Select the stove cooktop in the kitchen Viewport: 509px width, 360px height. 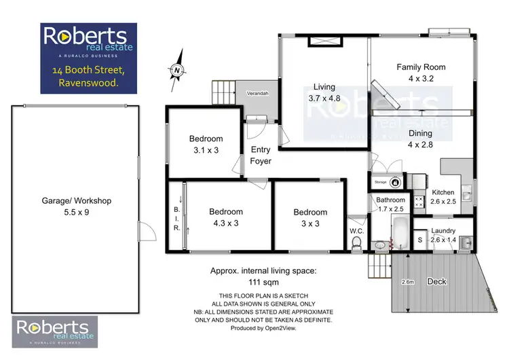(419, 201)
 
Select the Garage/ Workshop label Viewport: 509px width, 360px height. (76, 201)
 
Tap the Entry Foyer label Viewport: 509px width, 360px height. (261, 156)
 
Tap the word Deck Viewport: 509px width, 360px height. (436, 281)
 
